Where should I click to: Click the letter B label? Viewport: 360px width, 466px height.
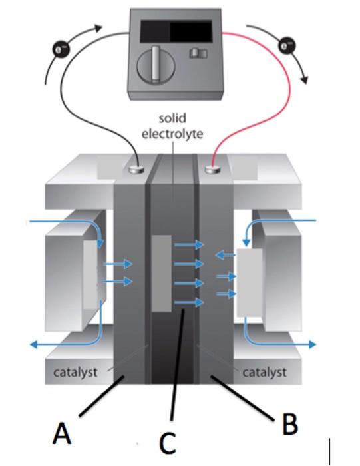289,425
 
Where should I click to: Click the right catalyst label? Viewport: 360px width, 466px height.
264,371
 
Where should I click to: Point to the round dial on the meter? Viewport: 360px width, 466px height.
152,67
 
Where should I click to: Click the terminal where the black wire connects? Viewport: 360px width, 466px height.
138,170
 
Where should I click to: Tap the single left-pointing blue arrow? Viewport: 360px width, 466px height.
225,254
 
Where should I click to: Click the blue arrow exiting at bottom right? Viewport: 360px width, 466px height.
293,344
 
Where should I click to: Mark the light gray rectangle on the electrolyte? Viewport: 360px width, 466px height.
162,273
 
